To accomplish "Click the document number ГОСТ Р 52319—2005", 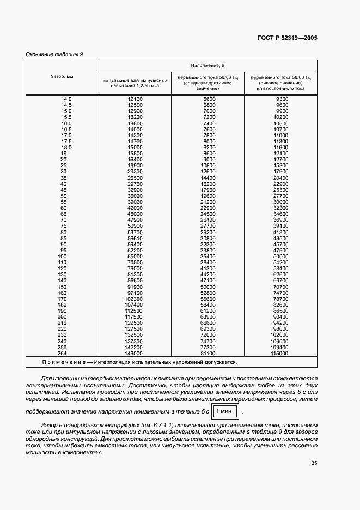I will pos(287,38).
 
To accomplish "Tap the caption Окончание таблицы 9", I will pos(54,53).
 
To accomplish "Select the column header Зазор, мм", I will pos(62,77).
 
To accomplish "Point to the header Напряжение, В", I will pos(208,65).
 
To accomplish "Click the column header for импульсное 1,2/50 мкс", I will pos(135,83).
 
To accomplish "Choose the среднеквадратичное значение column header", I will pos(208,83).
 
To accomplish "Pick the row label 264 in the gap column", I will pos(62,353).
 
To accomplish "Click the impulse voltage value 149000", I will pos(135,353).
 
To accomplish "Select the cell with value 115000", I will pos(280,353).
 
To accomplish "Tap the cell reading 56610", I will pos(135,238).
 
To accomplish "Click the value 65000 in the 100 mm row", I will pos(135,256).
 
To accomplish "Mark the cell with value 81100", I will pos(209,353).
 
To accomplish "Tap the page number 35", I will pos(314,464).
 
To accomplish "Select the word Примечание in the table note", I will pos(65,362).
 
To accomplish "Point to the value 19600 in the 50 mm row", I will pos(209,196).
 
